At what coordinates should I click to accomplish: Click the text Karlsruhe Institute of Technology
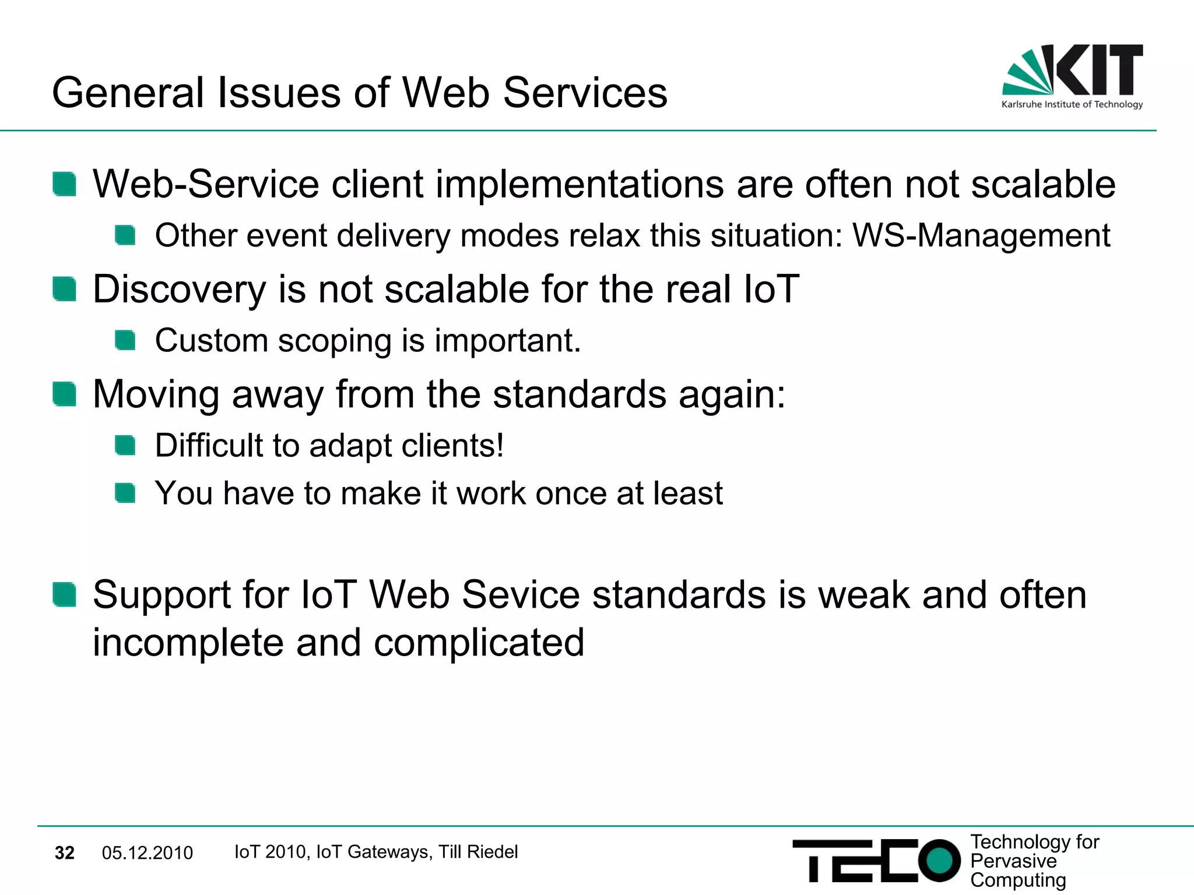[1072, 105]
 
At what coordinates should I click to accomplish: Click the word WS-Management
[981, 236]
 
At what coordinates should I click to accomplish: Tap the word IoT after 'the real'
[771, 290]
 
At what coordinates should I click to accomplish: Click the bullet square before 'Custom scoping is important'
[125, 340]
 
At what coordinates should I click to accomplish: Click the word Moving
[156, 394]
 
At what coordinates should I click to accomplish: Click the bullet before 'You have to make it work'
[125, 493]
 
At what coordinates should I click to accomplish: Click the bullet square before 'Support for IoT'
[64, 595]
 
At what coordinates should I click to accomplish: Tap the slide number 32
[64, 853]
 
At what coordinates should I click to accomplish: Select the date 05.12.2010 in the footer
[147, 853]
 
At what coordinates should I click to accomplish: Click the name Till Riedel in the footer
[478, 852]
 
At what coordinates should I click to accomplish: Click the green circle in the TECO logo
[939, 860]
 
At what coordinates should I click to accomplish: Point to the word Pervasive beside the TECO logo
[1013, 861]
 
